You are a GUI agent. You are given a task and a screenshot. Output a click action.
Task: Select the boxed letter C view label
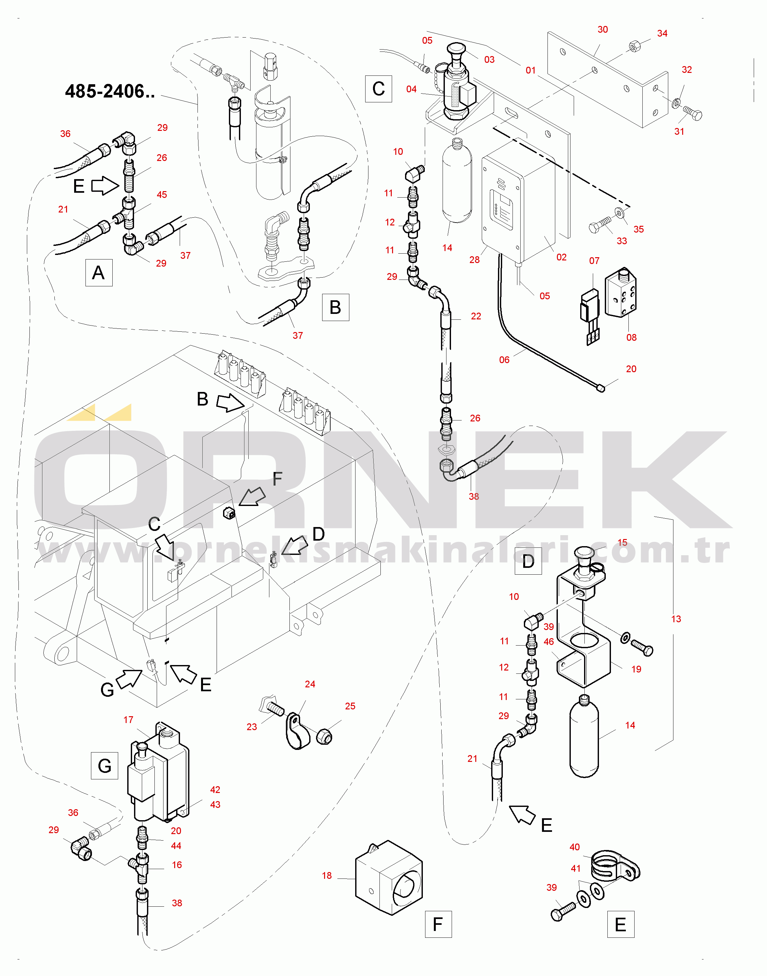(x=378, y=89)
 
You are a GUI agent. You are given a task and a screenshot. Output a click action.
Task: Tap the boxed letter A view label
(x=99, y=273)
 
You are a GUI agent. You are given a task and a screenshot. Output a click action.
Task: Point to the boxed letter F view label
(x=438, y=924)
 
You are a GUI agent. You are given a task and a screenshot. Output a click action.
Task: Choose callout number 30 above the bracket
(x=603, y=30)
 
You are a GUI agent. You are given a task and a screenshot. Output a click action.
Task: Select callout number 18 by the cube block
(x=327, y=875)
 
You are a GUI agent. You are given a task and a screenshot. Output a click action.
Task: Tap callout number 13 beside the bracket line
(x=676, y=619)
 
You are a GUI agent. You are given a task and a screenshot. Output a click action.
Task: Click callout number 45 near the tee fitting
(x=162, y=195)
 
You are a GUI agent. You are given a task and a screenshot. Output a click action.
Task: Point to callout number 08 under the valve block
(x=631, y=338)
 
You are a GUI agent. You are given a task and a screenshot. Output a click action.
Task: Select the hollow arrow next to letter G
(x=129, y=678)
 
